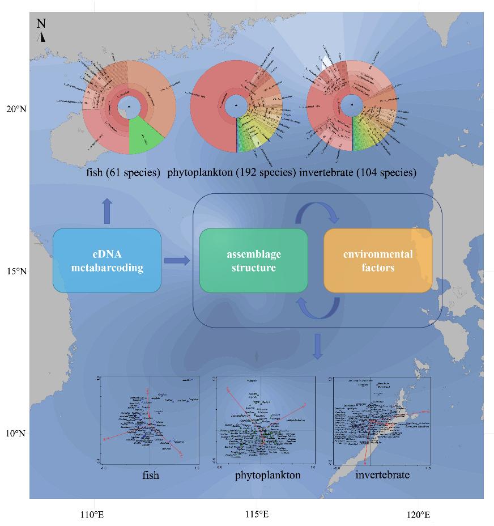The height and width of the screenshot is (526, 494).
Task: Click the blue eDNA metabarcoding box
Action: tap(107, 261)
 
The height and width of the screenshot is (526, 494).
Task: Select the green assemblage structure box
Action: tap(253, 261)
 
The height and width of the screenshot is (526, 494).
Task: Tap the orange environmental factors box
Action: tap(377, 261)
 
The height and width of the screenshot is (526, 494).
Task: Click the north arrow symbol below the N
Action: tap(42, 37)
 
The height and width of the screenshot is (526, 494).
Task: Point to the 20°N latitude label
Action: tap(16, 109)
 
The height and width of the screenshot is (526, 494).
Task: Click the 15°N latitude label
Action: tap(16, 272)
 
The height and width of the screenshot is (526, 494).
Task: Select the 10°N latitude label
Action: tap(16, 434)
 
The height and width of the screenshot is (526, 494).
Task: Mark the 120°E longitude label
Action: tap(419, 515)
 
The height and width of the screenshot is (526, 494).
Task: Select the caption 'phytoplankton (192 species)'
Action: tap(231, 172)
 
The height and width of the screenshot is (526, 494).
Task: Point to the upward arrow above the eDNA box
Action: tap(108, 211)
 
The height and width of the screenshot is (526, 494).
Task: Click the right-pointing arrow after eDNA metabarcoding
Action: tap(177, 260)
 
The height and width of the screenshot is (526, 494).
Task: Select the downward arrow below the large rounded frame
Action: tap(317, 346)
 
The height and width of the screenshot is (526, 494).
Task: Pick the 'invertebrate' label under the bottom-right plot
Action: tap(382, 475)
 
